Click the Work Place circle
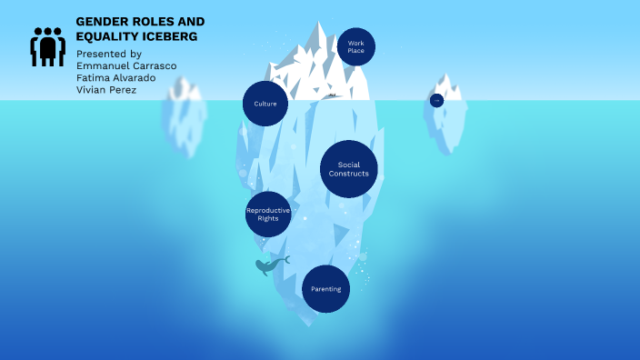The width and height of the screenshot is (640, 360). pos(355,47)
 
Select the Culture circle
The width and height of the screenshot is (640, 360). pos(265,104)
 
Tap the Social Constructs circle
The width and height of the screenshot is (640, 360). pos(348,169)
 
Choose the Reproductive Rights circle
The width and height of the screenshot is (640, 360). pos(268,215)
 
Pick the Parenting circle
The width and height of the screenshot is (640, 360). pos(325,289)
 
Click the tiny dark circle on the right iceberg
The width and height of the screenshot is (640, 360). pos(436,100)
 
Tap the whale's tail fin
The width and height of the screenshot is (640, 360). pos(285,260)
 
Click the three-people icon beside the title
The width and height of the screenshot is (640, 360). pos(48,46)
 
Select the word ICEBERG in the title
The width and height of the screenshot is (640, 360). pos(166,36)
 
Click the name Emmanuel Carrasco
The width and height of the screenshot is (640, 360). pos(126,65)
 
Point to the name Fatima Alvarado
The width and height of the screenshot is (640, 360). pos(115,77)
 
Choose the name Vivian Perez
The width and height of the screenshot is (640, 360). pos(106,89)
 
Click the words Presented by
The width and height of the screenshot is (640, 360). pos(108,54)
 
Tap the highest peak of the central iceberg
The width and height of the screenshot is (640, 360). pos(319,25)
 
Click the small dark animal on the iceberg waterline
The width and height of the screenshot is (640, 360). pos(332,95)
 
